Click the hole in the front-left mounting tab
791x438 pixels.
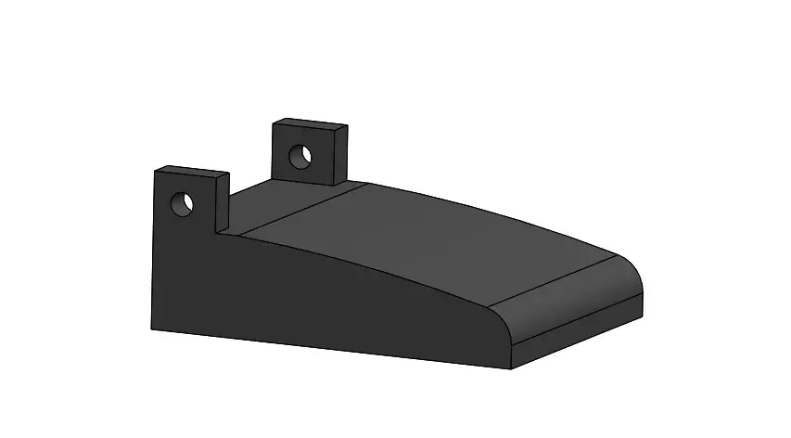coord(182,202)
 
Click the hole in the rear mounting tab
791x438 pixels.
coord(300,155)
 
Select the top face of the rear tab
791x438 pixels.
coord(310,123)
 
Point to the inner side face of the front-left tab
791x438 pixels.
coord(222,204)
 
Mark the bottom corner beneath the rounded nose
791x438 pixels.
coord(512,368)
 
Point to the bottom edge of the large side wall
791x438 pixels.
coord(325,347)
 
